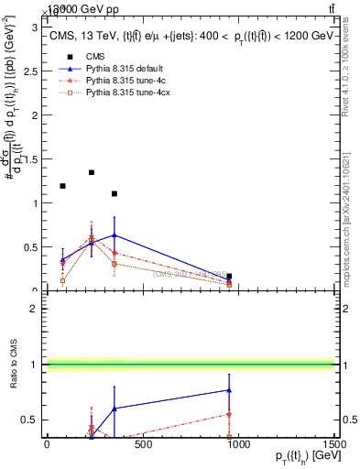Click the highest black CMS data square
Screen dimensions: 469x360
click(x=92, y=172)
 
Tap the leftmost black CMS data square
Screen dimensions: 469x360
click(x=62, y=186)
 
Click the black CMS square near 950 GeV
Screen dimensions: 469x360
click(x=229, y=276)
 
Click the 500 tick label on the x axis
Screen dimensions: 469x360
click(x=142, y=444)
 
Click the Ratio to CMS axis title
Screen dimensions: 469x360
click(x=14, y=365)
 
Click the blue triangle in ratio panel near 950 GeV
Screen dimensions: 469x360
click(x=229, y=390)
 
